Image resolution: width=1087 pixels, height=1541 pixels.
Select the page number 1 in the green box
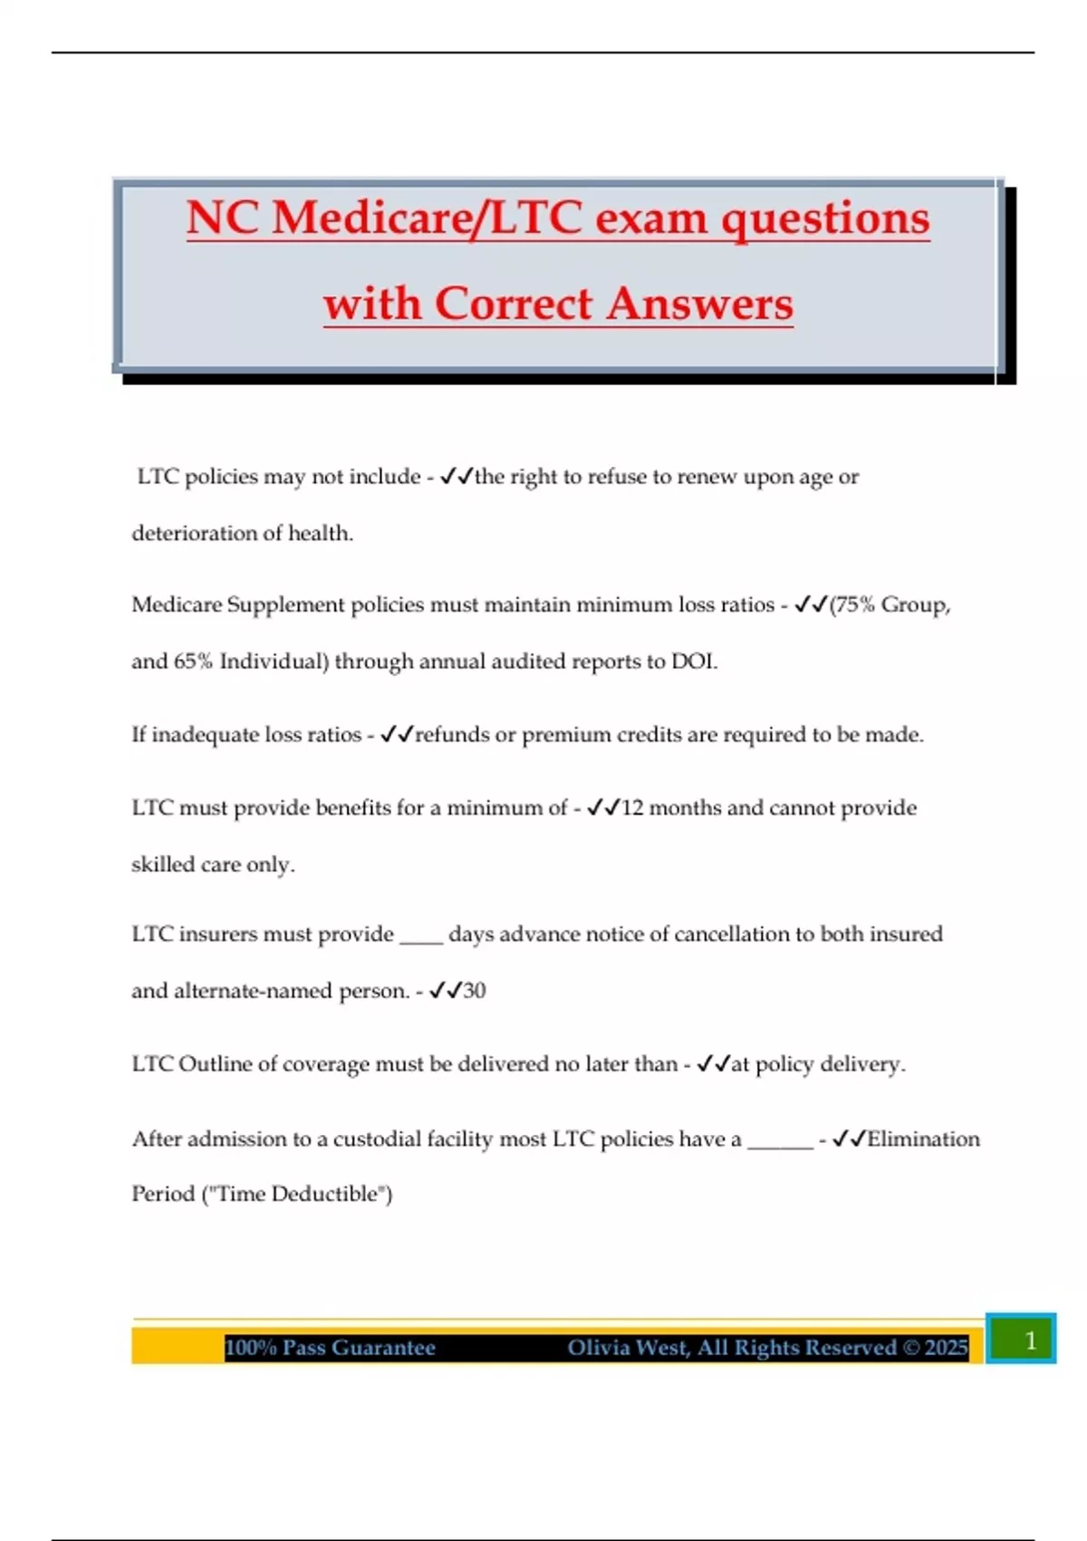click(1030, 1340)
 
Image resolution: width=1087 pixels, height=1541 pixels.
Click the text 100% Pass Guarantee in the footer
click(330, 1348)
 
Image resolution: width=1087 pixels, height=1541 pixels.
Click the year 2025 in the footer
click(946, 1348)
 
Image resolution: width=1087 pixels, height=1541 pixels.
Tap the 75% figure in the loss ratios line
click(855, 605)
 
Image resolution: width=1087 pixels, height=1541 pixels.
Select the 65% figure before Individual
click(193, 662)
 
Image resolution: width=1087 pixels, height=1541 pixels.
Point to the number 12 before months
click(632, 808)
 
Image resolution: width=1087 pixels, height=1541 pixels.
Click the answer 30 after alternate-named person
click(475, 991)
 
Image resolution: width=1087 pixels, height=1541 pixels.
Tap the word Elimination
click(923, 1139)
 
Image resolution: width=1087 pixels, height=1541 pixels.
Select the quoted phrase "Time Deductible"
click(297, 1194)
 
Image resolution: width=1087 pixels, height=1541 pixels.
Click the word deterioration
click(188, 533)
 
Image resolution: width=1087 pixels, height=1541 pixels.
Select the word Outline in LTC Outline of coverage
click(215, 1063)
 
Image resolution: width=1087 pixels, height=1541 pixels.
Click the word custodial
click(383, 1139)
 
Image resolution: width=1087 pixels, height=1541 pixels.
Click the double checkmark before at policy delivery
click(713, 1063)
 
